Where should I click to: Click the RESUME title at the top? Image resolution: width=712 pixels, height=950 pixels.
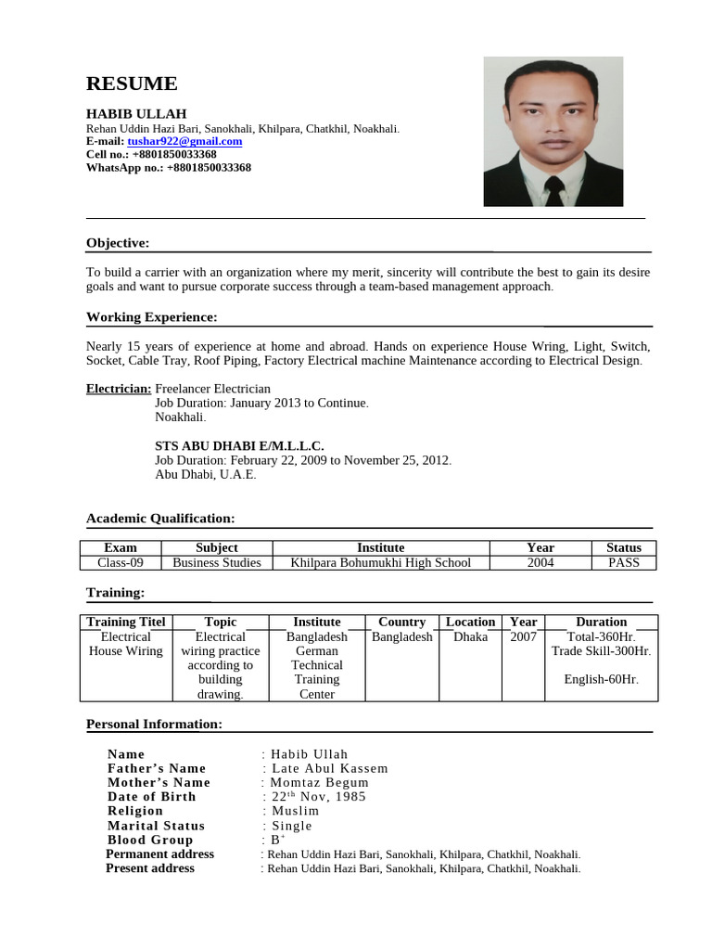point(131,84)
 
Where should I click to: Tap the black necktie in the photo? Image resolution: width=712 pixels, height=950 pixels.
point(553,189)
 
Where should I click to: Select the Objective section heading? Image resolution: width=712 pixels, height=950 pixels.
point(118,243)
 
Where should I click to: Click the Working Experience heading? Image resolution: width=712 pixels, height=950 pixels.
point(151,317)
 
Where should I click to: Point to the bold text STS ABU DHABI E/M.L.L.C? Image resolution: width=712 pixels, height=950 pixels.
point(239,446)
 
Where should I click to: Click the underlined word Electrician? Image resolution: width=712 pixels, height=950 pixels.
point(119,389)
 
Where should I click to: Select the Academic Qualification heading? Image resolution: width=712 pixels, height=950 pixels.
point(160,518)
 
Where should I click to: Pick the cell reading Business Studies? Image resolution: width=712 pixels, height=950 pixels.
point(217,562)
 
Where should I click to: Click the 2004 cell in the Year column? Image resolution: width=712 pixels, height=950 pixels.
point(540,562)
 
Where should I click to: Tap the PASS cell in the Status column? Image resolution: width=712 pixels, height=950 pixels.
point(623,562)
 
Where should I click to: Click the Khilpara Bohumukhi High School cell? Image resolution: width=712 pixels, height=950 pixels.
point(380,562)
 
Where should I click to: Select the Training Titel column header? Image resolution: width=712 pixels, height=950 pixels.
point(125,622)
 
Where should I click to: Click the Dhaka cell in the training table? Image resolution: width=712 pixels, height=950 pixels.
point(470,636)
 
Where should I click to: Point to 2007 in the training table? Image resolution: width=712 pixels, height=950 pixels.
point(523,636)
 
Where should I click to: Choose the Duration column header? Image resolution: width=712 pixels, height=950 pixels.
point(601,622)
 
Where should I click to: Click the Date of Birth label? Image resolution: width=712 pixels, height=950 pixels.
point(152,796)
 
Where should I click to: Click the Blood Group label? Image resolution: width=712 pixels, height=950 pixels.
point(150,840)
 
